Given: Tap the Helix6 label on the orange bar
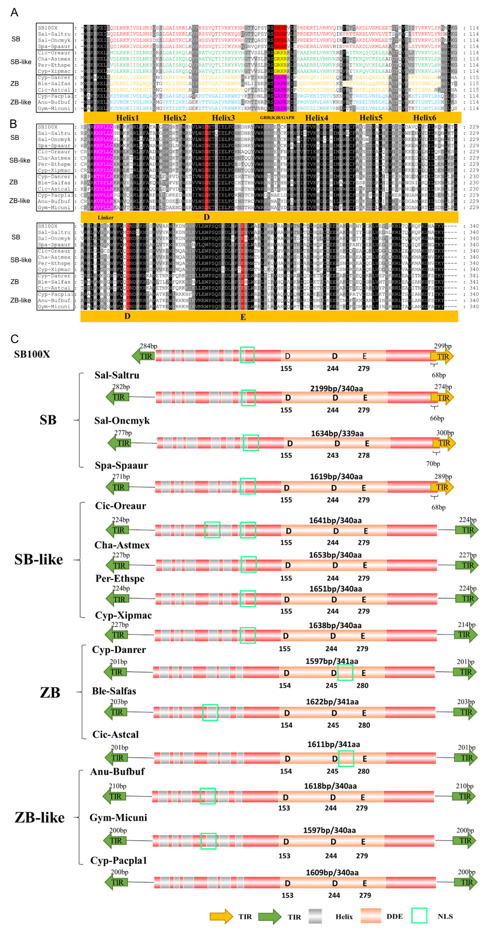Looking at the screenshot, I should coord(424,118).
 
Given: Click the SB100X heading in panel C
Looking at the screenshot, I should coord(32,354).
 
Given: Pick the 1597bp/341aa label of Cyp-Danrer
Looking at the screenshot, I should coord(332,661).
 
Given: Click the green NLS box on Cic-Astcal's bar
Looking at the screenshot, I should coord(346,758).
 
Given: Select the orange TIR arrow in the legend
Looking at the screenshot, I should coord(221,916).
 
